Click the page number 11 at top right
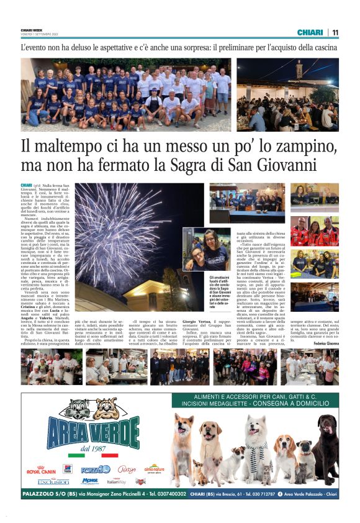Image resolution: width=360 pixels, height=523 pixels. tap(335, 32)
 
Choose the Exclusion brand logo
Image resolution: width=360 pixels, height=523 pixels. tap(53, 482)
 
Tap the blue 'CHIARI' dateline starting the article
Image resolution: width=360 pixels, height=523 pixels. tap(26, 185)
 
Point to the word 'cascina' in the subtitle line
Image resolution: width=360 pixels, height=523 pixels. tap(322, 48)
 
